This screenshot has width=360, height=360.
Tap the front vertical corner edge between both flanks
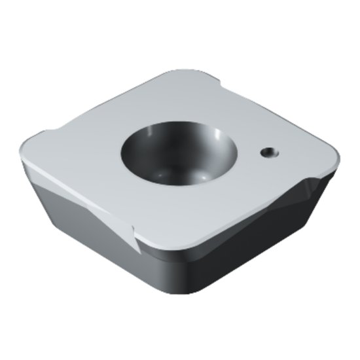pyautogui.click(x=173, y=275)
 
